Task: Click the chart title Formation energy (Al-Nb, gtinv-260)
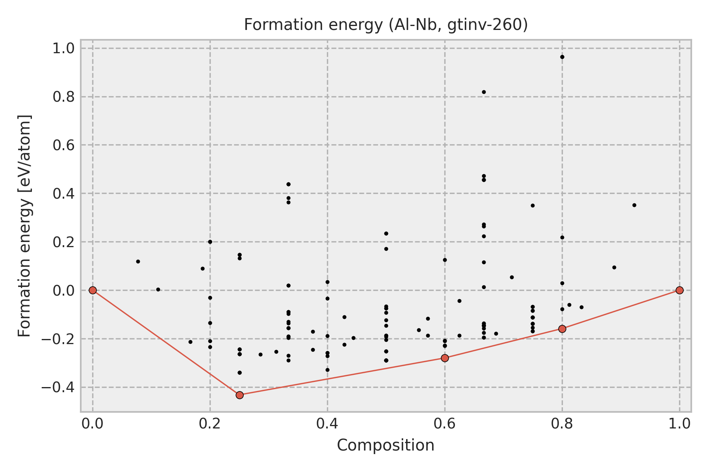(x=386, y=25)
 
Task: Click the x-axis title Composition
(x=386, y=445)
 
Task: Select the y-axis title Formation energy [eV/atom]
(x=25, y=226)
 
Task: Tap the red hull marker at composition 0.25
(x=239, y=395)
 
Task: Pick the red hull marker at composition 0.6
(x=445, y=358)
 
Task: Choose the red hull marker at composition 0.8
(x=562, y=329)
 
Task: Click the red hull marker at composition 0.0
(x=93, y=290)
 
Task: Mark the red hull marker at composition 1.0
(x=679, y=290)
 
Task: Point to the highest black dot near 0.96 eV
(x=562, y=57)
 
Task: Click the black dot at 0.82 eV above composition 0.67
(x=484, y=92)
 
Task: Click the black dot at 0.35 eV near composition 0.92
(x=634, y=205)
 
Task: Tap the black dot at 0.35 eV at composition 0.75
(x=533, y=205)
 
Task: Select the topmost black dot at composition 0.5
(x=386, y=233)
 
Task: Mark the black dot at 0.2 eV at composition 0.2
(x=210, y=242)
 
